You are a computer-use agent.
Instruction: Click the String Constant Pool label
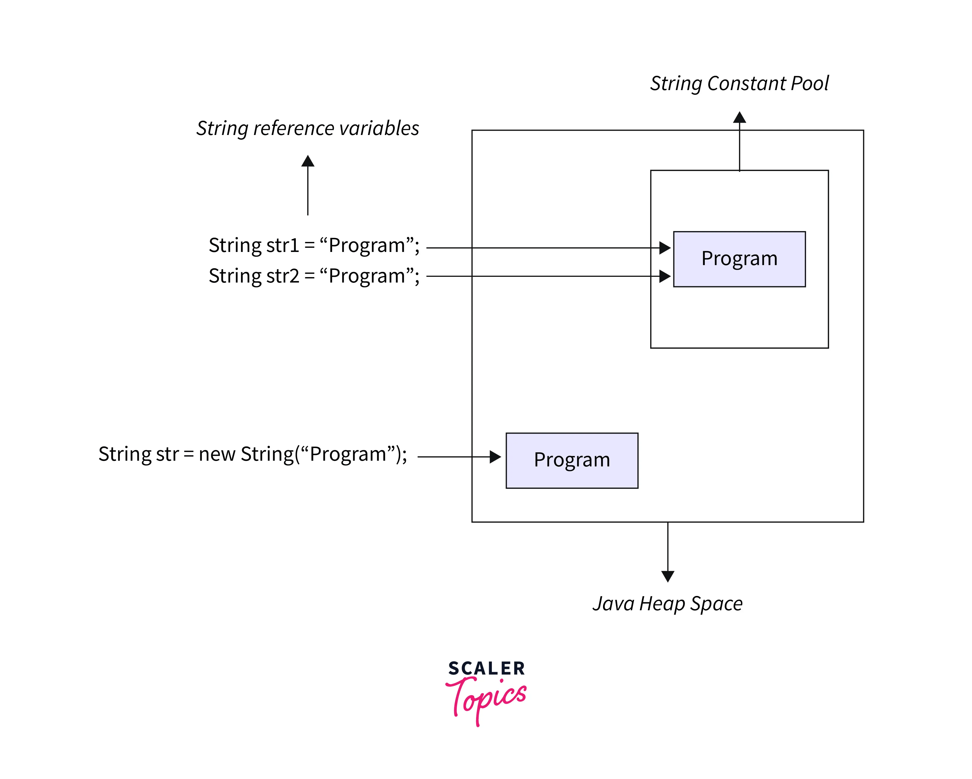(739, 84)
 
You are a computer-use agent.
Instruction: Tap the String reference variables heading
(308, 129)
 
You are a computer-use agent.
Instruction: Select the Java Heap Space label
(667, 603)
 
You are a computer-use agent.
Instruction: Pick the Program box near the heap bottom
(572, 460)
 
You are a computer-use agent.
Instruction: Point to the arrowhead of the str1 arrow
(664, 248)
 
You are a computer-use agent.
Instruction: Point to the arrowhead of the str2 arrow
(664, 276)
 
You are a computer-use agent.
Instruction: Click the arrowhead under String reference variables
(308, 161)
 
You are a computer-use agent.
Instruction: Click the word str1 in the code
(283, 245)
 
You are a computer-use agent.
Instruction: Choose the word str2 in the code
(283, 276)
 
